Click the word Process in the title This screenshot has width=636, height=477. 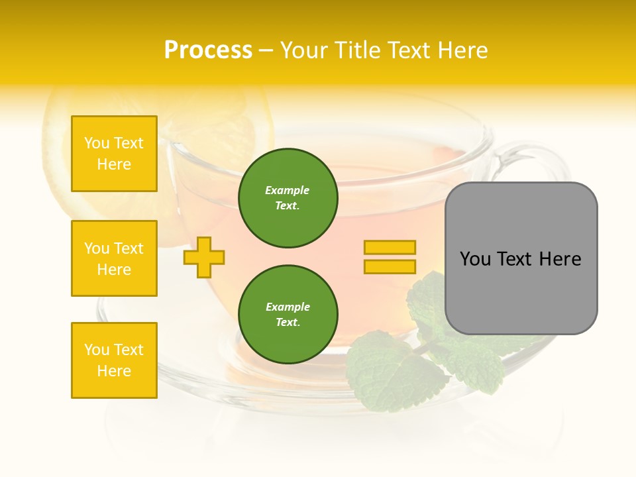click(208, 50)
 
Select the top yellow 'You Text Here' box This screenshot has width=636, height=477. click(114, 154)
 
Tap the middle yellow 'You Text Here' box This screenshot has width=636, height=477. click(114, 258)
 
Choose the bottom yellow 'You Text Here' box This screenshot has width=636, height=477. click(114, 360)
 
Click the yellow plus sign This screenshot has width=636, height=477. click(204, 257)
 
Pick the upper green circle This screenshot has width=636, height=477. click(288, 198)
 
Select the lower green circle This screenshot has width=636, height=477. click(288, 315)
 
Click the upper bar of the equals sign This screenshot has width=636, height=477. click(390, 247)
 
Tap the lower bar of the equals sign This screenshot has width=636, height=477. click(390, 267)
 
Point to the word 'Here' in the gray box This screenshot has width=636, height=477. click(560, 259)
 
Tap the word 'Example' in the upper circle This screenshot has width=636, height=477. click(287, 190)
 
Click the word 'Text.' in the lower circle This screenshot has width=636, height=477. click(288, 323)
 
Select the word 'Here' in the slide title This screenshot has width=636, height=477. click(460, 50)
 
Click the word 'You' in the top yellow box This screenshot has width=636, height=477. click(97, 143)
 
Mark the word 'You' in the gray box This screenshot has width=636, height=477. click(475, 259)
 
